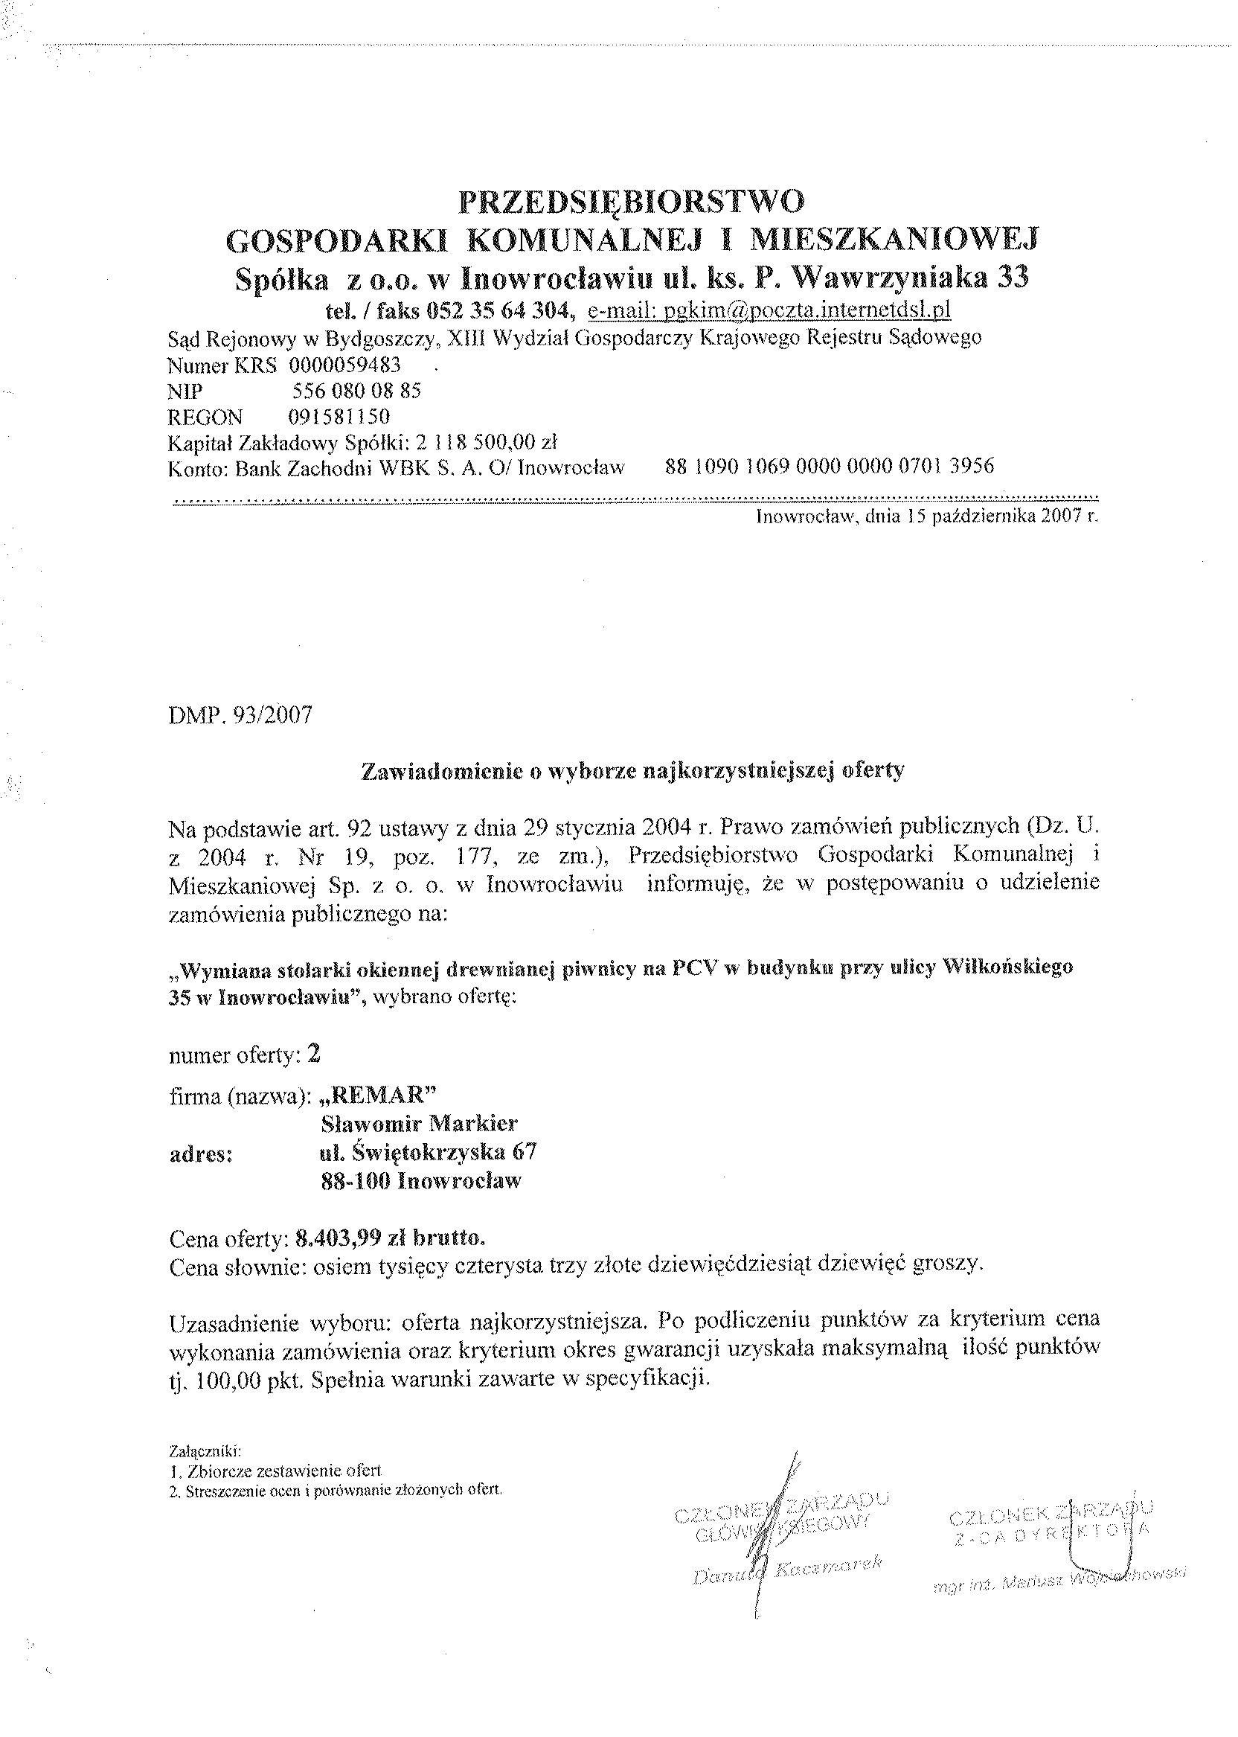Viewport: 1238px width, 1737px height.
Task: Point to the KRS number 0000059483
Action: click(345, 365)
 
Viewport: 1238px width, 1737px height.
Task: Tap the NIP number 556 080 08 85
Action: click(357, 391)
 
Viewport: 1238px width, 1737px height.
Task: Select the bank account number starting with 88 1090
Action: click(830, 467)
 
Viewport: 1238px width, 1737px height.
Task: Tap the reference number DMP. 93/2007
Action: click(240, 716)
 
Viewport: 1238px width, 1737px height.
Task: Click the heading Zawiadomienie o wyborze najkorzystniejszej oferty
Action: click(632, 770)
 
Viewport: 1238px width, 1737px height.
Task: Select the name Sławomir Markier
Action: click(420, 1123)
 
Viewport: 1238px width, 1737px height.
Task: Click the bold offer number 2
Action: click(313, 1055)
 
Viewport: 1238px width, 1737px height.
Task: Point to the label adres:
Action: click(200, 1153)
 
